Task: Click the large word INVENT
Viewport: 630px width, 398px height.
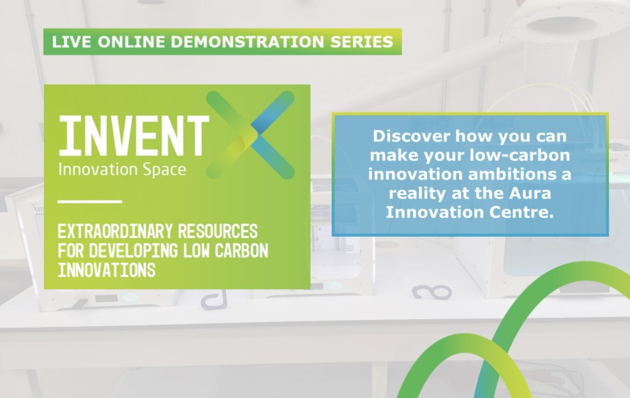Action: point(133,135)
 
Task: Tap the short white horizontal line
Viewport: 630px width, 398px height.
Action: point(89,201)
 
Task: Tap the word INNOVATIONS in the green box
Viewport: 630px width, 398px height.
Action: point(106,270)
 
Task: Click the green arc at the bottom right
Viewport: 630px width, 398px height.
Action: point(558,272)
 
